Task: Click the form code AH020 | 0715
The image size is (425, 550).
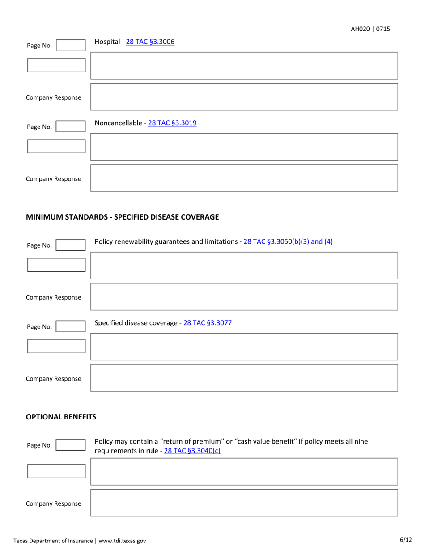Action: point(370,29)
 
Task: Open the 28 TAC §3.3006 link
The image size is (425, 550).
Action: point(150,42)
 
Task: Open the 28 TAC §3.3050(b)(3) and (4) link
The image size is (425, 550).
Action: point(288,242)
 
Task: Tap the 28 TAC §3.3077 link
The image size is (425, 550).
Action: point(206,322)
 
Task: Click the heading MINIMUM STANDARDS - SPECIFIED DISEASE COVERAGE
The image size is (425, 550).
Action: point(122,217)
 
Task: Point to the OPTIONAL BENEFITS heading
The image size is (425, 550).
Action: point(61,417)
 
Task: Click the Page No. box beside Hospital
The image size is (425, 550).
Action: point(70,45)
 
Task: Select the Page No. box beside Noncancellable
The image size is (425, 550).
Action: point(70,127)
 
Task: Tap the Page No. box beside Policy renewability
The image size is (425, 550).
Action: point(70,245)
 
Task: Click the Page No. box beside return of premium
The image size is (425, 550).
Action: point(70,445)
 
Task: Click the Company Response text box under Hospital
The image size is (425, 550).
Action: point(244,97)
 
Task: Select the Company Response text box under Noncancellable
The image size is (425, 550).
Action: point(244,178)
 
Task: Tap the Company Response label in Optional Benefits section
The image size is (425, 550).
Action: point(53,504)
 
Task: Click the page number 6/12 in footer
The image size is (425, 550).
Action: point(405,540)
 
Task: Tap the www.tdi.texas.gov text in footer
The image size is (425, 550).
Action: point(122,541)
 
